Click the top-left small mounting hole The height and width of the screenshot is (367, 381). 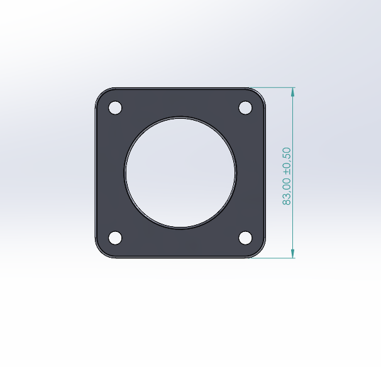pos(115,108)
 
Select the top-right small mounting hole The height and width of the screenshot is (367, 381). pos(245,108)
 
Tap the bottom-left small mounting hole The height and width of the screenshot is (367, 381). pos(115,238)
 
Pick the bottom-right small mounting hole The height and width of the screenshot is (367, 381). pos(245,238)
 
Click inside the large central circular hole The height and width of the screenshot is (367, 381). pos(180,173)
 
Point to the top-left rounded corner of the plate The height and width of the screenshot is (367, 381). pos(101,93)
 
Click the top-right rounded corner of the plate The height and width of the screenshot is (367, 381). pos(260,93)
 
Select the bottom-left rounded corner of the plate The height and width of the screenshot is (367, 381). pos(101,253)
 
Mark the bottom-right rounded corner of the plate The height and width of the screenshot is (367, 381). pos(260,253)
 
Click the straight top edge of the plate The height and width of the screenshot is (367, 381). pos(180,88)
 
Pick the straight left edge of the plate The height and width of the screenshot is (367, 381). pos(96,173)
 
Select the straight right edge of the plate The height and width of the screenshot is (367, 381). pos(265,173)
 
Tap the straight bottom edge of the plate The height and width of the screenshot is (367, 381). pos(180,258)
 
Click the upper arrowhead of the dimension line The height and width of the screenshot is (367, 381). pos(293,92)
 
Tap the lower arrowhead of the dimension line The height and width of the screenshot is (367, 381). pos(293,253)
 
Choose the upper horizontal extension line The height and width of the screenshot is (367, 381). pos(273,87)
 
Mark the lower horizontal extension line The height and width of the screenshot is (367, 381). pos(273,258)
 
